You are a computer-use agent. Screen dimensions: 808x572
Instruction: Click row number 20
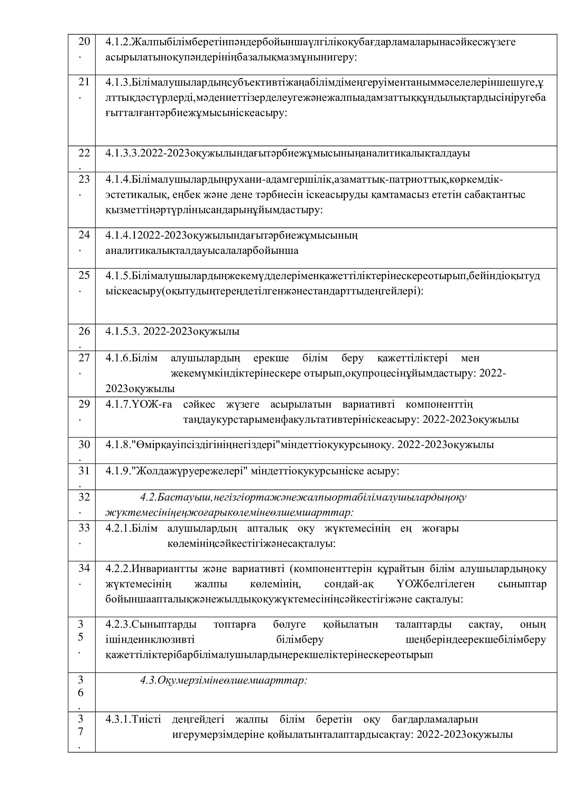pos(84,42)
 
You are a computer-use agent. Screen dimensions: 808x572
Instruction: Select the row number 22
pos(84,153)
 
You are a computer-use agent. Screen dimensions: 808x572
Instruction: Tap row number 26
pos(84,331)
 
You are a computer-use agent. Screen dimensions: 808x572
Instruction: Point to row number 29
pos(84,404)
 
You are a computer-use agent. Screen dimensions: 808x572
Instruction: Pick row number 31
pos(84,470)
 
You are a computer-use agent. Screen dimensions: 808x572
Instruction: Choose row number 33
pos(84,528)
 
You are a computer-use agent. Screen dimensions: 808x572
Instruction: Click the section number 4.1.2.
pos(118,42)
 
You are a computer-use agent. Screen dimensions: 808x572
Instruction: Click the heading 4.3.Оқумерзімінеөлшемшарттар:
pos(224,681)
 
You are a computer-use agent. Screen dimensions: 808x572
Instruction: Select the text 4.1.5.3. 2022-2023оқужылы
pos(172,332)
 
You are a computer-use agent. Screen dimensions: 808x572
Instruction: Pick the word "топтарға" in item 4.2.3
pos(234,625)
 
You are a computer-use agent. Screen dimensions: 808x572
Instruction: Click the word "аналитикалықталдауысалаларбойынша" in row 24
pos(202,250)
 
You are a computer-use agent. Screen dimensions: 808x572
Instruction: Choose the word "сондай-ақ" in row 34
pos(349,584)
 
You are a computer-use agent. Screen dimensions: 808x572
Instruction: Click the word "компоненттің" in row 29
pos(439,405)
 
